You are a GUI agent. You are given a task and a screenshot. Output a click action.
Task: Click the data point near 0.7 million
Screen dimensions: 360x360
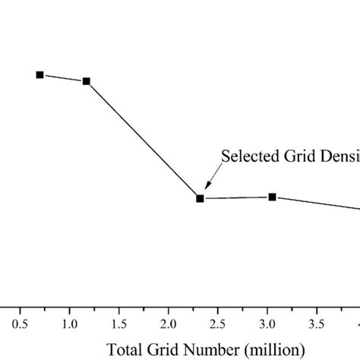pyautogui.click(x=40, y=74)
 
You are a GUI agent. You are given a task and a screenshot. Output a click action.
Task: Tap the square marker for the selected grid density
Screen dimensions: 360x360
pyautogui.click(x=200, y=198)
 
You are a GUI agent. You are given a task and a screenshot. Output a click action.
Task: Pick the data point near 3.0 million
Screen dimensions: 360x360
pyautogui.click(x=272, y=197)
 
